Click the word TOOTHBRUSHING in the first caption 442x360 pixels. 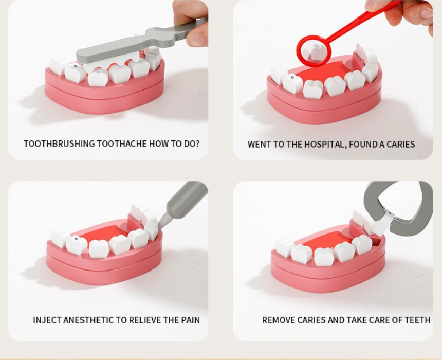pyautogui.click(x=59, y=143)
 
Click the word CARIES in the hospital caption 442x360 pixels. pyautogui.click(x=400, y=144)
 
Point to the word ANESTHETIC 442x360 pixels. pyautogui.click(x=88, y=320)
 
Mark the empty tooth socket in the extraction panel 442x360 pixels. pyautogui.click(x=376, y=242)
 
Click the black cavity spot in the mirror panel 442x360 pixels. pyautogui.click(x=292, y=77)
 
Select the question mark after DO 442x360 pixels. pyautogui.click(x=197, y=143)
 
